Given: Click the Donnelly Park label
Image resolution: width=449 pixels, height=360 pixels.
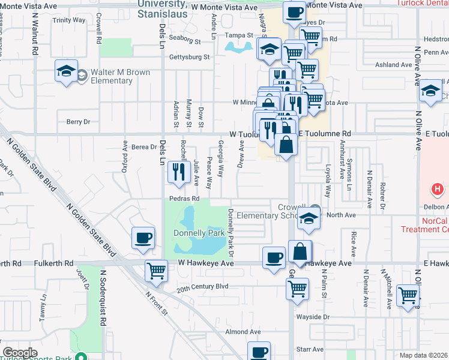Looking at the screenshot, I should tap(199, 233).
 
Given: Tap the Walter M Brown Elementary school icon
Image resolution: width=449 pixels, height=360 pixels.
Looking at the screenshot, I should tap(65, 71).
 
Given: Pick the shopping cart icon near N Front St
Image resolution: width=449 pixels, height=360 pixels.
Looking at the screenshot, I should tap(156, 271).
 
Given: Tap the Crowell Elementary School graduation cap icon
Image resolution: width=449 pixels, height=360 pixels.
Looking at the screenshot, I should tap(309, 219).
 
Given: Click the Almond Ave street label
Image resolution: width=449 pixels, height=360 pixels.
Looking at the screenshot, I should tap(243, 331).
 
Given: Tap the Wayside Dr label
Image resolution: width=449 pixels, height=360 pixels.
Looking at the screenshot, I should tap(313, 317).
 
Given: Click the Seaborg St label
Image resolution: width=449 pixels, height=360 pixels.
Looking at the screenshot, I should tap(184, 42).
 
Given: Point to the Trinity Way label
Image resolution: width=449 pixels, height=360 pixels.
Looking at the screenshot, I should tap(69, 20).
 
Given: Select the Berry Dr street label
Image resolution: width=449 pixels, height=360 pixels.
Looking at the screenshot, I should tap(78, 121).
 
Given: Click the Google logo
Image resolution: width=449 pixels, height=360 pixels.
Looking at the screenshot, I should tap(20, 353).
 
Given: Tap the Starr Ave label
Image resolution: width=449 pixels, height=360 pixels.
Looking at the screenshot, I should tap(310, 349).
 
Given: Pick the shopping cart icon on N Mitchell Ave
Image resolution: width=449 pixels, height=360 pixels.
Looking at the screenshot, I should tap(408, 295).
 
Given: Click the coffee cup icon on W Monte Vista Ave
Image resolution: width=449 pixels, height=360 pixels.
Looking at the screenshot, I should tap(294, 12).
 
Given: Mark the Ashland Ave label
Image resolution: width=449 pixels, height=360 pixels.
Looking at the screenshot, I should tap(393, 65).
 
